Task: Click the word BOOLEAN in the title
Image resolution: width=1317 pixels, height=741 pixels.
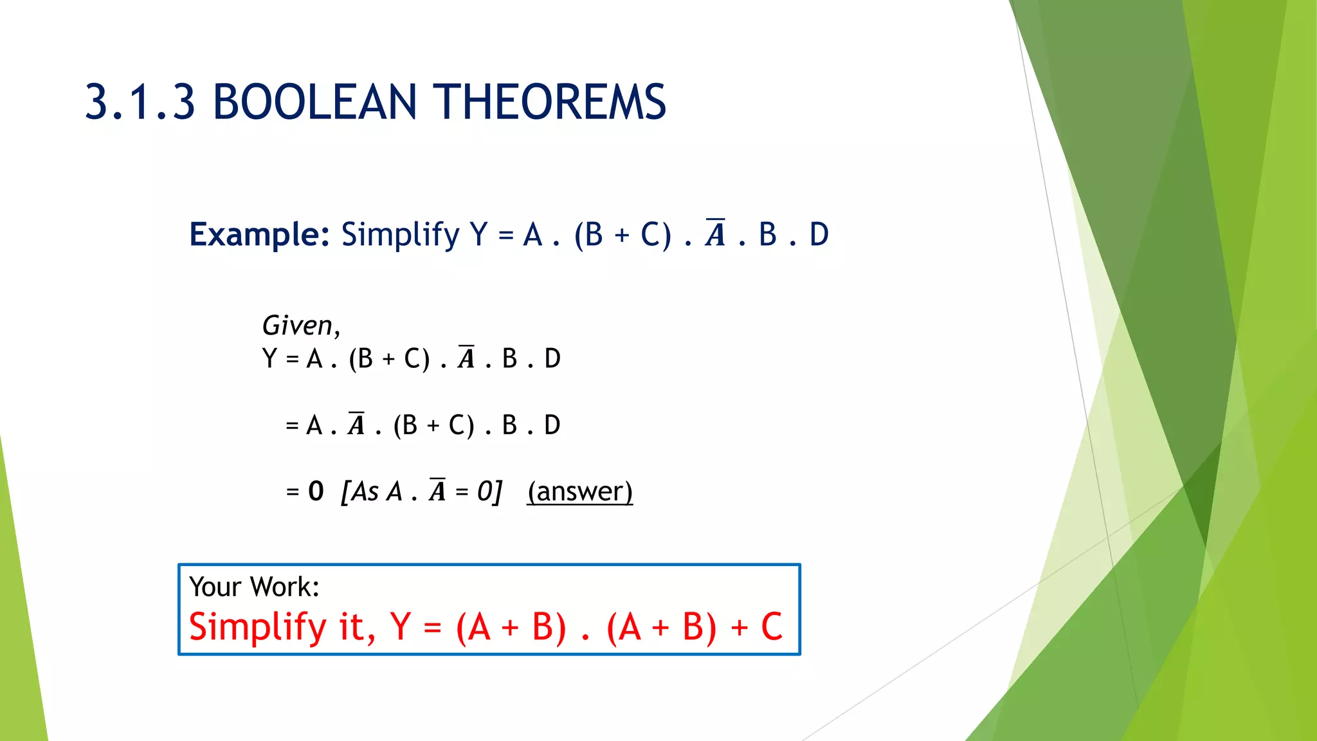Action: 314,103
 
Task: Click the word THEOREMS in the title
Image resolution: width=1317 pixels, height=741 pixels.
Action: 550,103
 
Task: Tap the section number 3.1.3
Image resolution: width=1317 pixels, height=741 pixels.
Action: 140,103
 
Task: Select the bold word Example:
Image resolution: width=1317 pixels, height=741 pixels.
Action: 259,235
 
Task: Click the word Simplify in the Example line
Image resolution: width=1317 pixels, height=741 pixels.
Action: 400,235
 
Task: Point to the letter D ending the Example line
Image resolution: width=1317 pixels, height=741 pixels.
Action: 819,235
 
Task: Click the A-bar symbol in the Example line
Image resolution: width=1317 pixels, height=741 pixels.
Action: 715,233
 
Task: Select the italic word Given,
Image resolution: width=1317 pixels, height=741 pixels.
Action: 301,326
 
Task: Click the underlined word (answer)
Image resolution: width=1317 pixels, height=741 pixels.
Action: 580,492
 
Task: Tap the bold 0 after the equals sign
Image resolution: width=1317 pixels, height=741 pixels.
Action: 316,492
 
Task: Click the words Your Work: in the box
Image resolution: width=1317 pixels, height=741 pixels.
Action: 254,587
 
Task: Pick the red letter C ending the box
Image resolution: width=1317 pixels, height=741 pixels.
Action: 772,627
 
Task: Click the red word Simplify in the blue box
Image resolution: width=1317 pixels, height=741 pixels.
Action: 258,628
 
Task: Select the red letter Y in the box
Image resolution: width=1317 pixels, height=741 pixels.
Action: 401,627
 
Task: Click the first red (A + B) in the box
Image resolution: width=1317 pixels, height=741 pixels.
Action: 511,628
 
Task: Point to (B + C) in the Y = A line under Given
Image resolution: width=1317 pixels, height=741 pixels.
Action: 389,359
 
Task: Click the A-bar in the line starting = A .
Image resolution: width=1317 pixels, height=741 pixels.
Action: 356,425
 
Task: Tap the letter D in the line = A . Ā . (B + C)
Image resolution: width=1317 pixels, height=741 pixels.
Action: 552,426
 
